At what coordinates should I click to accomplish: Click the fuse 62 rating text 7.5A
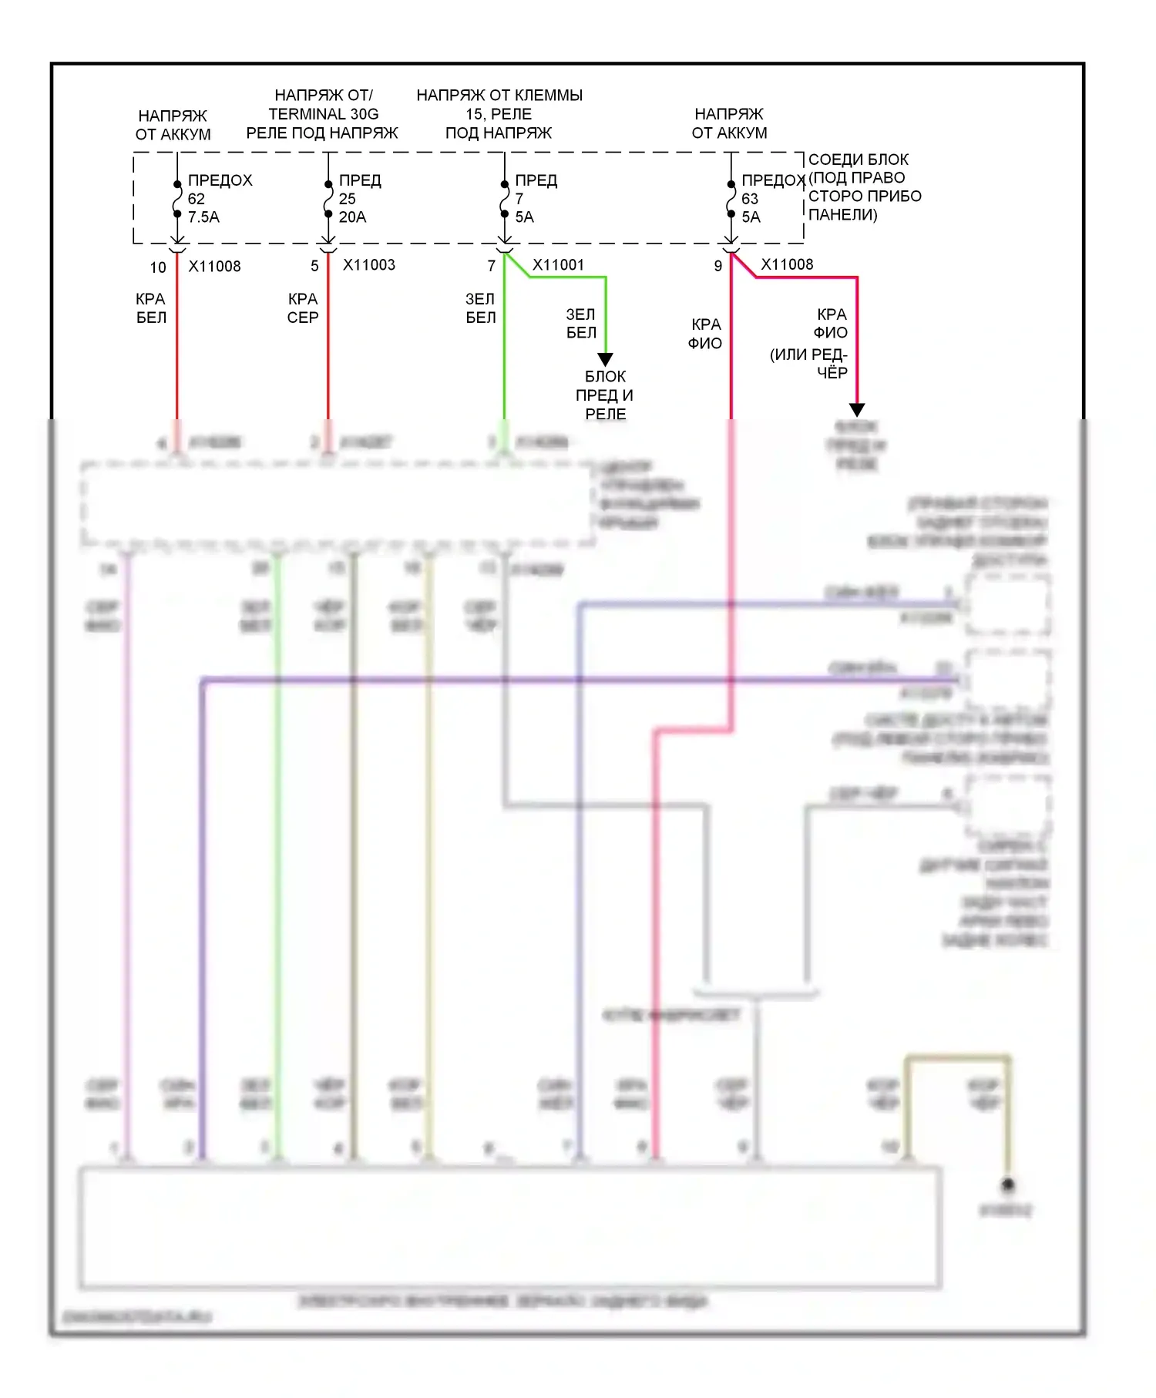coord(203,217)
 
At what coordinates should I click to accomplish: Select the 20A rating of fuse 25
coord(352,217)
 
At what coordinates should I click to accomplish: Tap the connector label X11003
coord(368,265)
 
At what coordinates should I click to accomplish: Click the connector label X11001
coord(558,265)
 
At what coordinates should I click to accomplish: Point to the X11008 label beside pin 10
coord(214,267)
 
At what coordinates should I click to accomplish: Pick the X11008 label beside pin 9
coord(787,264)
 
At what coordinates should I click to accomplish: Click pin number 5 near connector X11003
coord(314,266)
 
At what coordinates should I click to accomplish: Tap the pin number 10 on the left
coord(158,267)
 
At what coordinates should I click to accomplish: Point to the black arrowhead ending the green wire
coord(606,359)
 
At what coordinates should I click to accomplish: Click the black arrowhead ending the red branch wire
coord(857,409)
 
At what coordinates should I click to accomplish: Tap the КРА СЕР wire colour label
coord(303,308)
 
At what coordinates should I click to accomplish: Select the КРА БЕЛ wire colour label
coord(151,308)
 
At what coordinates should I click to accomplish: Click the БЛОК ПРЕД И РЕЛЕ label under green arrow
coord(605,395)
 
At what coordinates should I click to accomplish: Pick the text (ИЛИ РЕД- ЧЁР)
coord(809,364)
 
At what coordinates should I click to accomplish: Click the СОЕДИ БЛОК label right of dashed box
coord(858,160)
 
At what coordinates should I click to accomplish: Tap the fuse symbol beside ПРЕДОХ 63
coord(731,199)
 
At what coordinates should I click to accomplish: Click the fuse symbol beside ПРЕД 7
coord(505,199)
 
